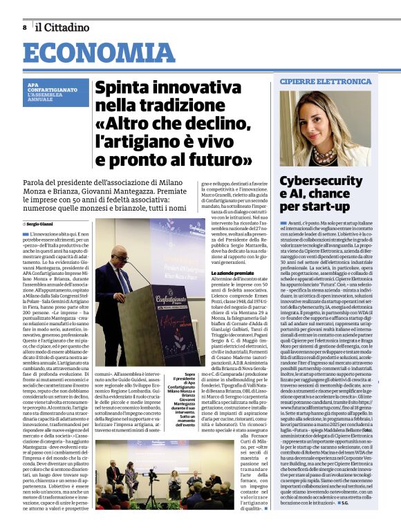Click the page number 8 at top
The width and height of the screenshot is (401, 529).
(x=25, y=28)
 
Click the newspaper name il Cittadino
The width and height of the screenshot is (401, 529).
(x=63, y=28)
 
